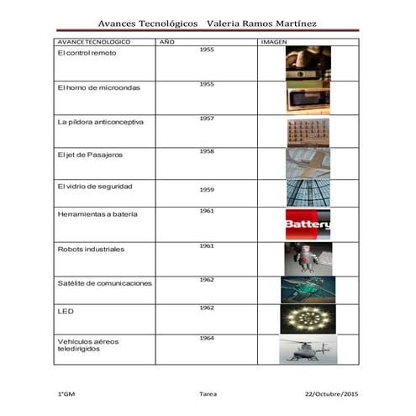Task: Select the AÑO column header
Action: pos(166,41)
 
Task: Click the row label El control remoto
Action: pos(87,52)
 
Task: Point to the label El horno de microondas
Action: pos(98,87)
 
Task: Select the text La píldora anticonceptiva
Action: pos(100,121)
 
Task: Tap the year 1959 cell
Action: pos(207,190)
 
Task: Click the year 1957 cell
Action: pos(207,118)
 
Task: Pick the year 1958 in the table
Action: pos(207,151)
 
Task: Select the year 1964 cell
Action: pos(207,338)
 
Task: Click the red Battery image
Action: pos(308,224)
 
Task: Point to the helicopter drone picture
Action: pos(307,350)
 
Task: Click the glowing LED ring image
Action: pos(308,319)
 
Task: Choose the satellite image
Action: pos(308,289)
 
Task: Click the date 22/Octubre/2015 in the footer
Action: pos(330,393)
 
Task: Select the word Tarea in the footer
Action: pos(208,393)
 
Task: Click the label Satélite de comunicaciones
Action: pos(104,283)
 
